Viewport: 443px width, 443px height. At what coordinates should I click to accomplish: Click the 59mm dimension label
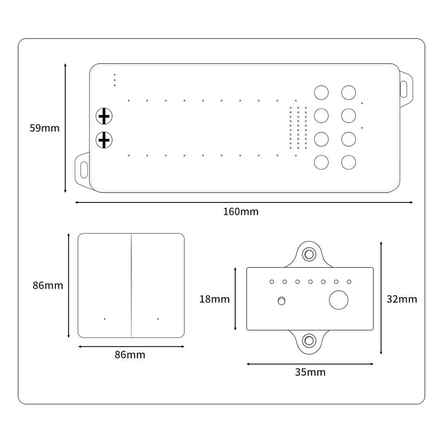pos(44,128)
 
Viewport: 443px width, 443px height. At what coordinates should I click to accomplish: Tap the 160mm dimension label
pos(241,211)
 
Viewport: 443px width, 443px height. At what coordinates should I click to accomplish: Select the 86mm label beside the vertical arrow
pos(48,285)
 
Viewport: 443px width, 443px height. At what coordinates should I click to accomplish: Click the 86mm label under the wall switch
pos(130,354)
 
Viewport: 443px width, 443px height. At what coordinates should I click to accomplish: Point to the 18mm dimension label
pos(214,299)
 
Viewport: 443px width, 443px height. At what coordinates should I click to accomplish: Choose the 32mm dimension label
pos(402,299)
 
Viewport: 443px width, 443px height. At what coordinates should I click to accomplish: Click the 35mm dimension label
pos(310,372)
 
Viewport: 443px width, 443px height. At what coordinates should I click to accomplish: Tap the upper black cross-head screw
pos(104,117)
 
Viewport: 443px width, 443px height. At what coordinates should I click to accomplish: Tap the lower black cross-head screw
pos(104,140)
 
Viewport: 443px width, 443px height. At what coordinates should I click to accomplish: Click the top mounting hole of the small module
pos(308,254)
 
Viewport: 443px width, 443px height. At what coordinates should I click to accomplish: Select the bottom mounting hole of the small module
pos(308,341)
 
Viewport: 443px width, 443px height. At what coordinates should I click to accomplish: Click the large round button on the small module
pos(339,300)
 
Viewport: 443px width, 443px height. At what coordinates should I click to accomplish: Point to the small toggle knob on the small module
pos(280,301)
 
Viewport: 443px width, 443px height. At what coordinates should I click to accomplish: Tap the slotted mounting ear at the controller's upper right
pos(404,88)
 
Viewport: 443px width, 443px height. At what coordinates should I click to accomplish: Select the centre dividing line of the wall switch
pos(131,285)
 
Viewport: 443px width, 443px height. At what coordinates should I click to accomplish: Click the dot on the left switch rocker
pos(105,319)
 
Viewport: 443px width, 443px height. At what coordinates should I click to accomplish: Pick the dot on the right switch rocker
pos(158,319)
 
